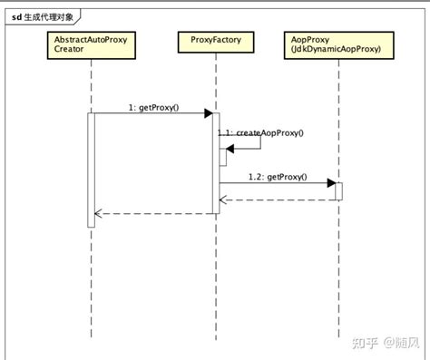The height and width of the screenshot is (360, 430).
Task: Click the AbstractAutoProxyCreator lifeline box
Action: [x=92, y=46]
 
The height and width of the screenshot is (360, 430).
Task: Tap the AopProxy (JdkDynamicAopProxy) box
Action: [x=337, y=46]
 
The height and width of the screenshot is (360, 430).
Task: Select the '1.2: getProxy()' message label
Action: [x=278, y=176]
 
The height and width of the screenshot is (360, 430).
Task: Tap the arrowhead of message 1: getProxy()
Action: [x=209, y=114]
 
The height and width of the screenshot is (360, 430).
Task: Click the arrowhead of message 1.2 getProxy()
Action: [x=331, y=183]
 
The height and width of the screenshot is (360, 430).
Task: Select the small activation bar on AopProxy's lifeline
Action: [x=339, y=190]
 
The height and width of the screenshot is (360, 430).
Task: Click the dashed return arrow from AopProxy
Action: [x=277, y=199]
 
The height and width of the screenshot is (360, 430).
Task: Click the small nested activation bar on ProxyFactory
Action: [x=221, y=157]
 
